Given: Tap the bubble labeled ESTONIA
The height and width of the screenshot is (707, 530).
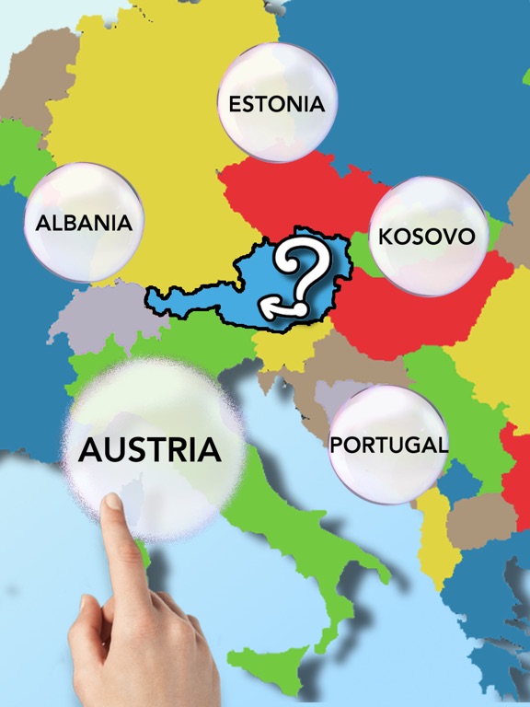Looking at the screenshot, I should (277, 102).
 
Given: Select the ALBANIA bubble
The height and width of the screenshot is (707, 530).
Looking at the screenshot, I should (84, 222).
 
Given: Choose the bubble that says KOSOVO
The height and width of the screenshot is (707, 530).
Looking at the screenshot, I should (427, 236).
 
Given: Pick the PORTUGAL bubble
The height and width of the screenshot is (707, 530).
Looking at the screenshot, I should (388, 445).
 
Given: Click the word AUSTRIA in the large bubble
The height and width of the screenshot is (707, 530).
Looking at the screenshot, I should (150, 450).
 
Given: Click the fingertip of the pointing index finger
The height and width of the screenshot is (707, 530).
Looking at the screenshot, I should (112, 503).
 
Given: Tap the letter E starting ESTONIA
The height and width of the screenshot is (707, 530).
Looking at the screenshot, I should (235, 103).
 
